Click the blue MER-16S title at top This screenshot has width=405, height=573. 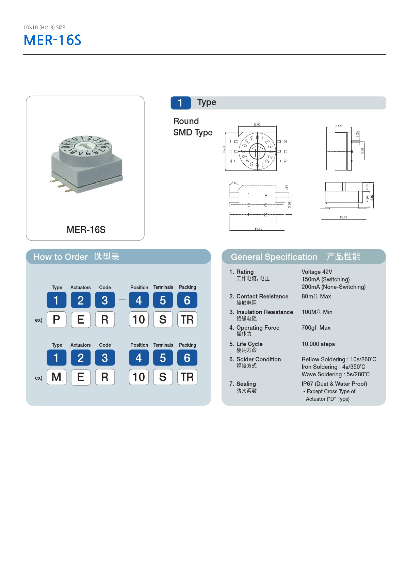coord(52,40)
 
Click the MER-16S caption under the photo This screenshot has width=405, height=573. coord(86,230)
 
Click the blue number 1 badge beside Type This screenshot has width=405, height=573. coord(180,103)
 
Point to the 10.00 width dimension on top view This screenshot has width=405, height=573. coord(257,125)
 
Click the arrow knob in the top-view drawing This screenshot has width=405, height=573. coord(257,151)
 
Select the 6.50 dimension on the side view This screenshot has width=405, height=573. coord(338,126)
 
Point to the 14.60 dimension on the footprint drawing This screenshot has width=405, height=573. coord(258,229)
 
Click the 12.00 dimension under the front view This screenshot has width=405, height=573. coord(343,217)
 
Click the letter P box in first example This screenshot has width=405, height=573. coord(56,320)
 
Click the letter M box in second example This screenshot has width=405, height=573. coord(56,377)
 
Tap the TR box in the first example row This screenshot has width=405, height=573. coord(187,320)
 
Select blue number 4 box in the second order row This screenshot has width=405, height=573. coord(139,358)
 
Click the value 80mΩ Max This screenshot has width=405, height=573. coord(316,296)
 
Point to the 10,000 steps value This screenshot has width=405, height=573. coord(318,344)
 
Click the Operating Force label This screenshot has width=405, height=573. coord(258,328)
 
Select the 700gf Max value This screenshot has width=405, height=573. coord(316,328)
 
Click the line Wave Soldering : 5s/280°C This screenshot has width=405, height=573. coord(336,374)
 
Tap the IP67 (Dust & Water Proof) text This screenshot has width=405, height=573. coord(334,384)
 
